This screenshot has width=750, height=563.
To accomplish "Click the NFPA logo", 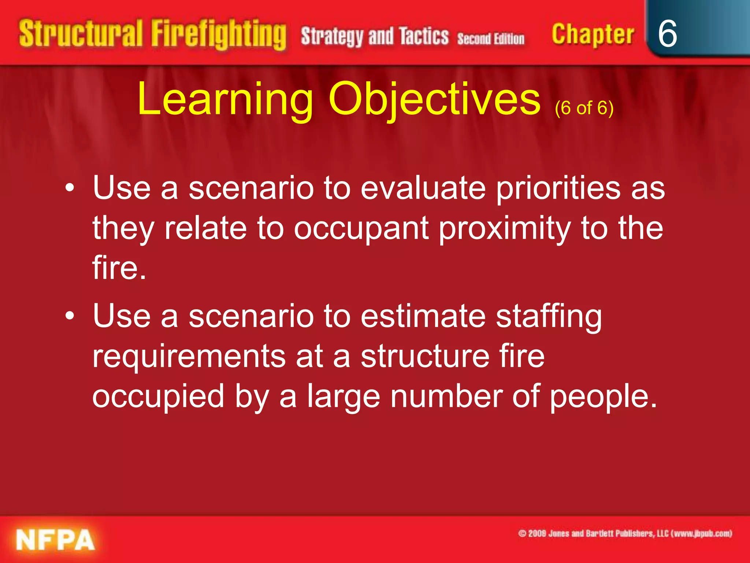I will tap(55, 540).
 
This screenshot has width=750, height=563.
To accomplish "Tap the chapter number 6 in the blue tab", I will tap(667, 34).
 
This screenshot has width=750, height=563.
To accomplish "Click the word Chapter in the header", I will tap(593, 34).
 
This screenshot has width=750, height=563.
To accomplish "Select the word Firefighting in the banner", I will tap(219, 35).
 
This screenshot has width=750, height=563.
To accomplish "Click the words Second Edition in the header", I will tap(491, 38).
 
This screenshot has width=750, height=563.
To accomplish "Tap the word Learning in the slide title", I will tap(225, 99).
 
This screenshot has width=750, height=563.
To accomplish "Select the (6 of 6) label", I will tap(584, 108).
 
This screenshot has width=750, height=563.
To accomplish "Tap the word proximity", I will tap(505, 229).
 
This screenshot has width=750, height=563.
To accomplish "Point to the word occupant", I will tap(361, 229).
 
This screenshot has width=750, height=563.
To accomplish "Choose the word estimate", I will tap(423, 316).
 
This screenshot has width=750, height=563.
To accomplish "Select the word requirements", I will tap(189, 356).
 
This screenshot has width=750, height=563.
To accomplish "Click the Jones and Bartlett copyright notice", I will tap(625, 533).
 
